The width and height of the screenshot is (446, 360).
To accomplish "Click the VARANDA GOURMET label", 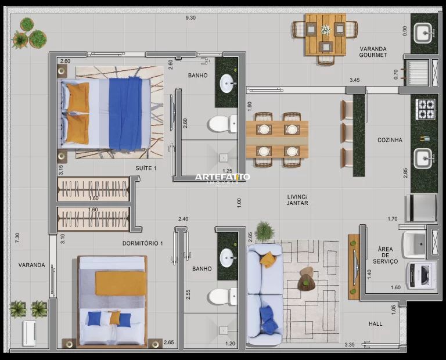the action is [373, 52].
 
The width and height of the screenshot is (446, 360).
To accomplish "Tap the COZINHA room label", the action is [390, 140].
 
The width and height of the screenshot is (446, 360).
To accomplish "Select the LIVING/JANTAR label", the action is [297, 200].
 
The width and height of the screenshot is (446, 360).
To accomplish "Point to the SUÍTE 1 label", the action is [146, 168].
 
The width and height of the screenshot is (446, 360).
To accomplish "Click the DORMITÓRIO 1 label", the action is [142, 243].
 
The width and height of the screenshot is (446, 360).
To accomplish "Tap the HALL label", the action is [376, 323].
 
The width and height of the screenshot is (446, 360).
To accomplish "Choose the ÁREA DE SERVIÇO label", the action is [385, 255].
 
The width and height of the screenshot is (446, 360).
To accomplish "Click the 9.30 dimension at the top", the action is [190, 17].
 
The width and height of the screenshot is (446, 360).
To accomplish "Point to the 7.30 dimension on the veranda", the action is [17, 237].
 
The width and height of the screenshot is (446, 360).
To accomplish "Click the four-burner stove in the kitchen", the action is [425, 109].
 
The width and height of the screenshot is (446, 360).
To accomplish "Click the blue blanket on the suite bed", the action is [125, 113].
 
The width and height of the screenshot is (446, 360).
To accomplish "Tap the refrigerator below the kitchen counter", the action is [422, 208].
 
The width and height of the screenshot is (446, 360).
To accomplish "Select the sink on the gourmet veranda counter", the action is [423, 33].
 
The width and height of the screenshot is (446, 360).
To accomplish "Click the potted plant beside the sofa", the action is [265, 231].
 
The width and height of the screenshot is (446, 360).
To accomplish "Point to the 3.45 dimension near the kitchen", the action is [354, 80].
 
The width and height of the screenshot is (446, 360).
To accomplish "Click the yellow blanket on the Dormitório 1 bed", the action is [120, 283].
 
